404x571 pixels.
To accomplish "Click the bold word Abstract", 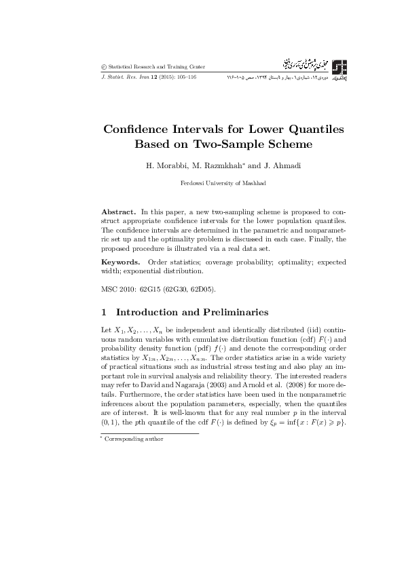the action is pyautogui.click(x=116, y=212).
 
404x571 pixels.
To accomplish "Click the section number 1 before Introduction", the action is pyautogui.click(x=104, y=313).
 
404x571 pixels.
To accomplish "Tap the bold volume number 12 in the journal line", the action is pyautogui.click(x=152, y=78).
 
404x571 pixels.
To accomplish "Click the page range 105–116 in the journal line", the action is pyautogui.click(x=185, y=78).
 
